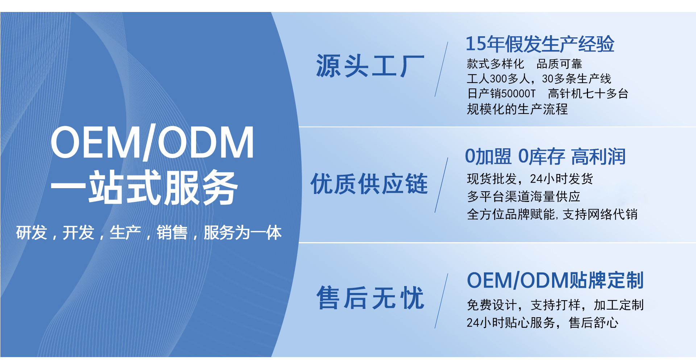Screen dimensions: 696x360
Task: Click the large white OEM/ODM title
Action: pos(152,142)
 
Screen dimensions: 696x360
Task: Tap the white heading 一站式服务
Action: pos(144,187)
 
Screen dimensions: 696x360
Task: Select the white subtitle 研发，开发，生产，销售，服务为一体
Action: pos(149,233)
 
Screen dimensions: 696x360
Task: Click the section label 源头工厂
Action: pos(370,66)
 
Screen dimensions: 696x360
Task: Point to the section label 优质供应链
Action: pos(369,184)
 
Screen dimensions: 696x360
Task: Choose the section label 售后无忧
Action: pos(370,298)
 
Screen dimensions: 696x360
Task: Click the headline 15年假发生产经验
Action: pos(540,44)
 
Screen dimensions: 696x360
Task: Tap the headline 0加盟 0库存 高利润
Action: pos(545,157)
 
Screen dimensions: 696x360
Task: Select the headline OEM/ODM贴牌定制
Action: pos(555,280)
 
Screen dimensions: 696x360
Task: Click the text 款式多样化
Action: pos(495,64)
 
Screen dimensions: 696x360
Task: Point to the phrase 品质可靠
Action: pos(559,64)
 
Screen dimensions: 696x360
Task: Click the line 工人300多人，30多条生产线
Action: pos(539,79)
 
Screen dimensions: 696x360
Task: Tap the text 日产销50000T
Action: pos(501,94)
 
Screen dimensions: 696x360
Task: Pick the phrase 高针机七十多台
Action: pos(588,94)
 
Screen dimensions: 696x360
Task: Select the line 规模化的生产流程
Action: pos(517,109)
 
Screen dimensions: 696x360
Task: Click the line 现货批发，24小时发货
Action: pos(530,179)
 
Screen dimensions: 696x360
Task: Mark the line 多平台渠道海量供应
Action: pos(523,196)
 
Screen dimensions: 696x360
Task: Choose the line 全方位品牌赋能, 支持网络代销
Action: pos(552,214)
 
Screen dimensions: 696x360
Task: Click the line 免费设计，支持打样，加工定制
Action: pos(555,305)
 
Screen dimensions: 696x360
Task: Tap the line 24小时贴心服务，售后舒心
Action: pos(542,322)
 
